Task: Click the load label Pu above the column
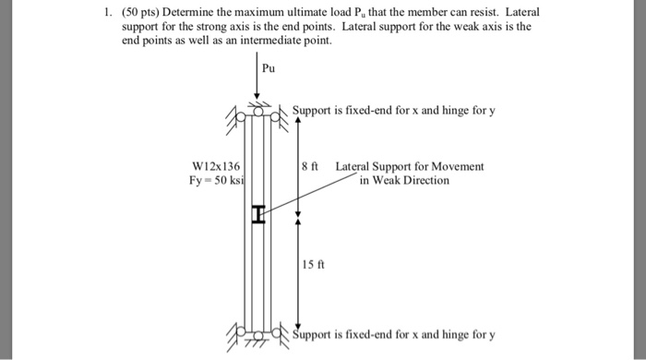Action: click(x=269, y=68)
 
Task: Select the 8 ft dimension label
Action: click(x=309, y=167)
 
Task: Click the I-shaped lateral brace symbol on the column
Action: click(x=258, y=215)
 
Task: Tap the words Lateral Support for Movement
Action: click(x=410, y=167)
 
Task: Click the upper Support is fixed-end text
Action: click(x=395, y=112)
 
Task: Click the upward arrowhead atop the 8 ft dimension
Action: click(x=297, y=120)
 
